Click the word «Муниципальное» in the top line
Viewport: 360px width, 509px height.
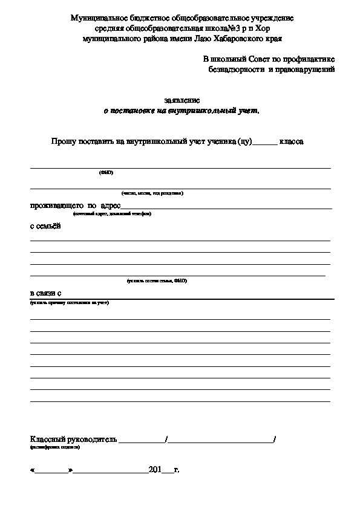[x=100, y=19]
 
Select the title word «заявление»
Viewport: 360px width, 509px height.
[x=182, y=100]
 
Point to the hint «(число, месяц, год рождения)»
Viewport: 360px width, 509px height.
[x=152, y=193]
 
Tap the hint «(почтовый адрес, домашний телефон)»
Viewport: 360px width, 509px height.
[x=112, y=213]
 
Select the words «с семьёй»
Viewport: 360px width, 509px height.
[x=45, y=226]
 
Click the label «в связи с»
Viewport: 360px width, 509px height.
[x=45, y=293]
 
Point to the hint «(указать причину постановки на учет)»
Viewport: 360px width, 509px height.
[x=69, y=302]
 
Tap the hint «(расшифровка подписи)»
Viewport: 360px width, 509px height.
[x=54, y=447]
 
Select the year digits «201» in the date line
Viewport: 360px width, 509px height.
[x=155, y=469]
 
